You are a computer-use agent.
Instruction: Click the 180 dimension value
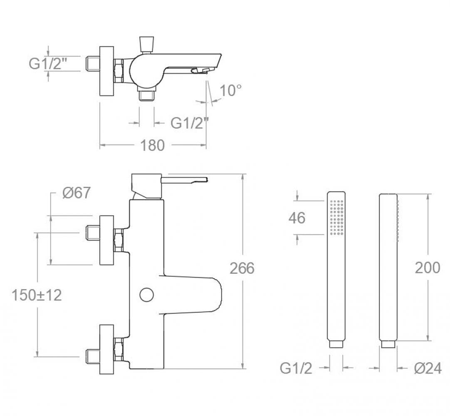point(152,145)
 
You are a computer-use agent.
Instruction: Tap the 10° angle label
point(230,90)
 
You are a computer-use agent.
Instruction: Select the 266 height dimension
point(242,268)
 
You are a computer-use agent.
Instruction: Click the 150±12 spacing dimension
point(37,295)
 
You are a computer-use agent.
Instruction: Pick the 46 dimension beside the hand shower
point(297,218)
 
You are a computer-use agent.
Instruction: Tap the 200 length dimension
point(427,268)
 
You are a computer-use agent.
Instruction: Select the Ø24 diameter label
point(428,368)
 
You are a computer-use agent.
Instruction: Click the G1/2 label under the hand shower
point(296,368)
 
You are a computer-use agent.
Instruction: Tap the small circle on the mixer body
point(147,295)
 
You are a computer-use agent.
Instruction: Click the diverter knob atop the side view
point(146,44)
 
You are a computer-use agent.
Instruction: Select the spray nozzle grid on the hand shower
point(336,217)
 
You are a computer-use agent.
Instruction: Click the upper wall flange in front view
point(107,240)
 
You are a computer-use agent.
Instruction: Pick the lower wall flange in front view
point(107,349)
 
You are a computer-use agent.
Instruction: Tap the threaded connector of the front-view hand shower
point(336,344)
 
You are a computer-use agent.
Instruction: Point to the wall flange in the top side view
point(107,71)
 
